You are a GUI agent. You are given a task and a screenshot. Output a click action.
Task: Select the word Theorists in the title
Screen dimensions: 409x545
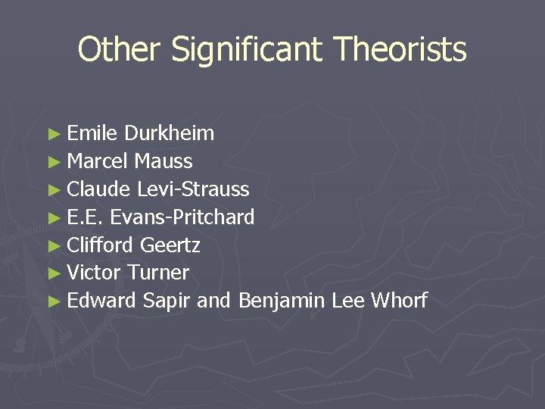pyautogui.click(x=402, y=50)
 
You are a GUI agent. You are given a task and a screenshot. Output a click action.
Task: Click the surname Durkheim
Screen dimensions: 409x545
pyautogui.click(x=170, y=134)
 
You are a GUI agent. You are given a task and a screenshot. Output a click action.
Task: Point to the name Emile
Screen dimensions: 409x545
pyautogui.click(x=92, y=134)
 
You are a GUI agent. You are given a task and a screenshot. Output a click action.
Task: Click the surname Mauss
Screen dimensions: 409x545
pyautogui.click(x=163, y=161)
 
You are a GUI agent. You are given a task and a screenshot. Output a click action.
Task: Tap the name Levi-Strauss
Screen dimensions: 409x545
pyautogui.click(x=193, y=189)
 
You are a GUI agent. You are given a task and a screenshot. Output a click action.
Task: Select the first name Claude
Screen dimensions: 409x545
pyautogui.click(x=98, y=189)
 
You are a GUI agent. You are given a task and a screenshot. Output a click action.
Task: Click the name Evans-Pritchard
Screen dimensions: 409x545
pyautogui.click(x=182, y=217)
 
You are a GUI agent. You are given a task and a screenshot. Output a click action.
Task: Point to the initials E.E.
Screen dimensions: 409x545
pyautogui.click(x=85, y=217)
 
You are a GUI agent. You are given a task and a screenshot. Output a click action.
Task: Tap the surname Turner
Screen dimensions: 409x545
pyautogui.click(x=158, y=273)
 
